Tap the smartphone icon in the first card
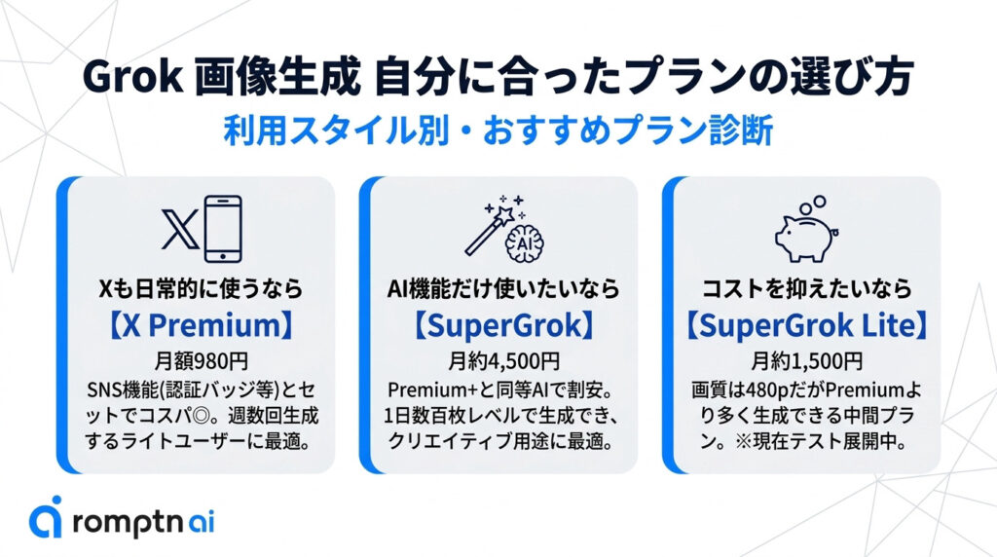pyautogui.click(x=223, y=229)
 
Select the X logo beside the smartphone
pyautogui.click(x=180, y=229)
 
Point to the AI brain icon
pyautogui.click(x=524, y=243)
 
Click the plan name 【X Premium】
pyautogui.click(x=201, y=325)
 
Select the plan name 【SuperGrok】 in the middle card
pyautogui.click(x=503, y=325)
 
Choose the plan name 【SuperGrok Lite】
pyautogui.click(x=806, y=325)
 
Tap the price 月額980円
pyautogui.click(x=201, y=361)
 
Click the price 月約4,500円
pyautogui.click(x=503, y=361)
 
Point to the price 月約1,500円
pyautogui.click(x=806, y=361)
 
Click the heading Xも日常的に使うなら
pyautogui.click(x=201, y=289)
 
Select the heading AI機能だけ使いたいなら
pyautogui.click(x=503, y=289)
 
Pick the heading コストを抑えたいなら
pyautogui.click(x=806, y=289)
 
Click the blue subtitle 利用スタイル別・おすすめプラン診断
pyautogui.click(x=498, y=130)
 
